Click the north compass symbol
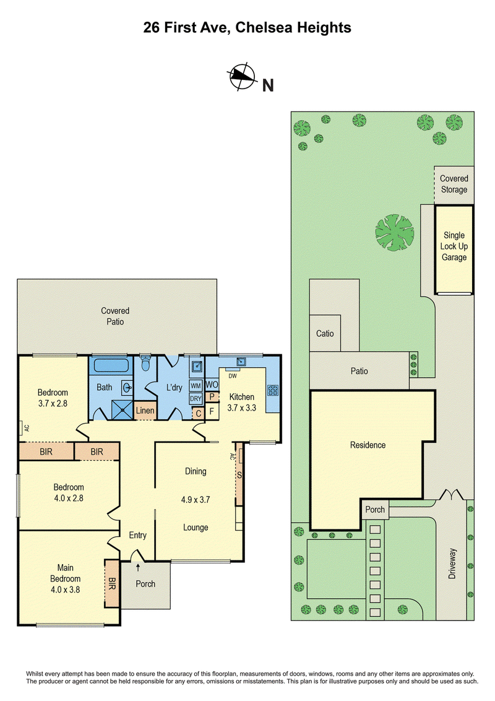[x=242, y=77]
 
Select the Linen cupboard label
[x=145, y=411]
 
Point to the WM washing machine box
[x=196, y=385]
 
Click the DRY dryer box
[x=196, y=398]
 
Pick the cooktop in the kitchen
[x=273, y=390]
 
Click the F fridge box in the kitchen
[x=212, y=411]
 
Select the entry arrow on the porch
[x=138, y=568]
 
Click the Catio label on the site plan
[x=325, y=334]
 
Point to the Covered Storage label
[x=454, y=184]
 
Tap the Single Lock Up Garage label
[x=454, y=246]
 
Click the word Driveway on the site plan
[x=452, y=564]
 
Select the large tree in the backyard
[x=395, y=232]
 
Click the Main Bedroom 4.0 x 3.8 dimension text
[x=65, y=590]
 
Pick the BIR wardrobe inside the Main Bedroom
[x=112, y=583]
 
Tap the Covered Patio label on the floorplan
[x=115, y=316]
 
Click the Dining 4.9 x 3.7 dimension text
[x=196, y=500]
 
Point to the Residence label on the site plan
[x=368, y=445]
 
